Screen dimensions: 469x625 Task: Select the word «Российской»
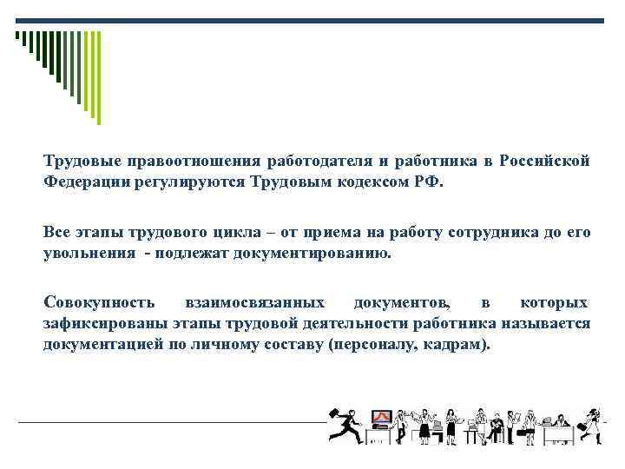click(545, 162)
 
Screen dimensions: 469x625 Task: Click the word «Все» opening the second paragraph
click(56, 233)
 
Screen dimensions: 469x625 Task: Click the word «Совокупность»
click(100, 302)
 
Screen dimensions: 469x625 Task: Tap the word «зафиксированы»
click(98, 324)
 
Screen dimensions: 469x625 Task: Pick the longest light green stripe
click(98, 77)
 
